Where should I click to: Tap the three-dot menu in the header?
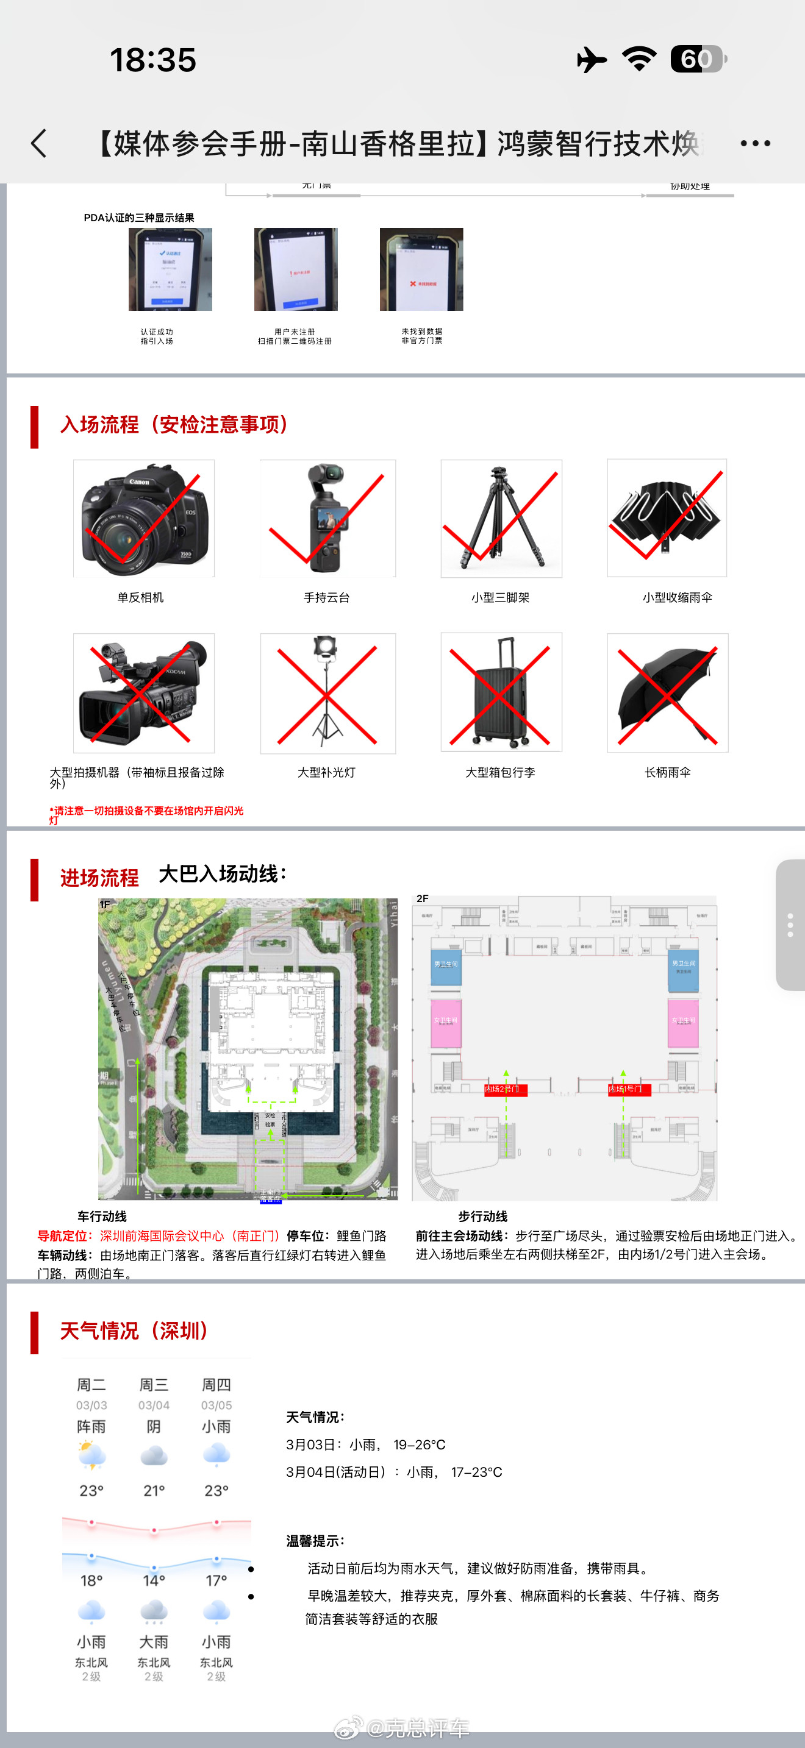[x=755, y=143]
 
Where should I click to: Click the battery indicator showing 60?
[x=696, y=59]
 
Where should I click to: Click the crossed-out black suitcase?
[x=501, y=692]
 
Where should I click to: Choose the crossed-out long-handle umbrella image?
[x=667, y=693]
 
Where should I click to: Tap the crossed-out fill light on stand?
[x=328, y=693]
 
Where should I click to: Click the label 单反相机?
[x=140, y=597]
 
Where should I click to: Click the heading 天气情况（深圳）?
[x=134, y=1331]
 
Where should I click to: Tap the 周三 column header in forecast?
[x=154, y=1385]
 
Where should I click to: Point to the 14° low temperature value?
[x=154, y=1581]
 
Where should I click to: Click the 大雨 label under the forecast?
[x=154, y=1642]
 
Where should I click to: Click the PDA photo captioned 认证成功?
[x=170, y=269]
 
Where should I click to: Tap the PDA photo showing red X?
[x=421, y=269]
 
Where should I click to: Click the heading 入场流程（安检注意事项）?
[x=174, y=425]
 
